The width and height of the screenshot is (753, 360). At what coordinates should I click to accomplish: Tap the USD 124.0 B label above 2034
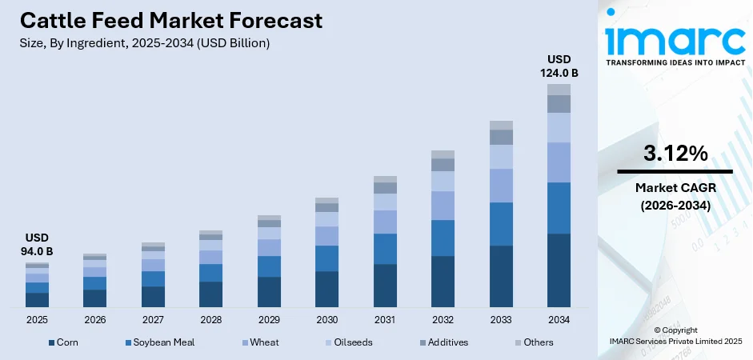coord(559,66)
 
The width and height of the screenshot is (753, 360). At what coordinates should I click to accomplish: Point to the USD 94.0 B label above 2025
coord(37,245)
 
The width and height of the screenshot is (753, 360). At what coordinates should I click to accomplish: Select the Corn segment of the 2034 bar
coord(559,270)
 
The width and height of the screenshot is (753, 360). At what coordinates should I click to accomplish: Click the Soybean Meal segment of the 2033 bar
coord(501,224)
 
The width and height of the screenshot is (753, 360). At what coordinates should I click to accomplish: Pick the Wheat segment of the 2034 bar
coord(559,162)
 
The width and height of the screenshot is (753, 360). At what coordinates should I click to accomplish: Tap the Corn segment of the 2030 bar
coord(326,289)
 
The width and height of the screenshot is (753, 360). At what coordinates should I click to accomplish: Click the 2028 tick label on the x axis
coord(210,320)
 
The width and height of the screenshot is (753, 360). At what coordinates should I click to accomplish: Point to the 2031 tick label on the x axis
coord(385,320)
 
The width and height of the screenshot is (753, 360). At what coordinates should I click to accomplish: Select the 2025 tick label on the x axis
coord(37,320)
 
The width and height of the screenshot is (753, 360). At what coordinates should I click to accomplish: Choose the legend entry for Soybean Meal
coord(159,342)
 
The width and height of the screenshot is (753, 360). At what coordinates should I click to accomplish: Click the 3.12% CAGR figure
coord(675,154)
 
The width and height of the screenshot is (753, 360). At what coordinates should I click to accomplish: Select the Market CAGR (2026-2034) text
coord(675,196)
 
